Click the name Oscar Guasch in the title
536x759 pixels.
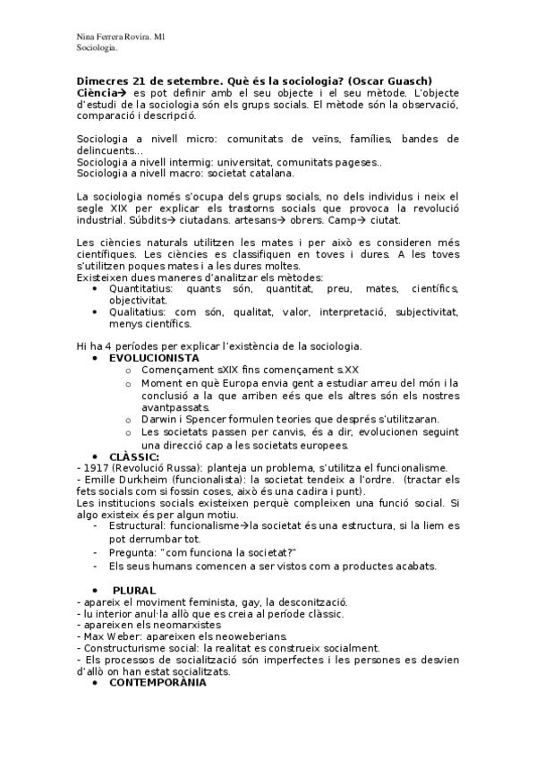[401, 81]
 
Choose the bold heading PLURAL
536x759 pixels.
[133, 590]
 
